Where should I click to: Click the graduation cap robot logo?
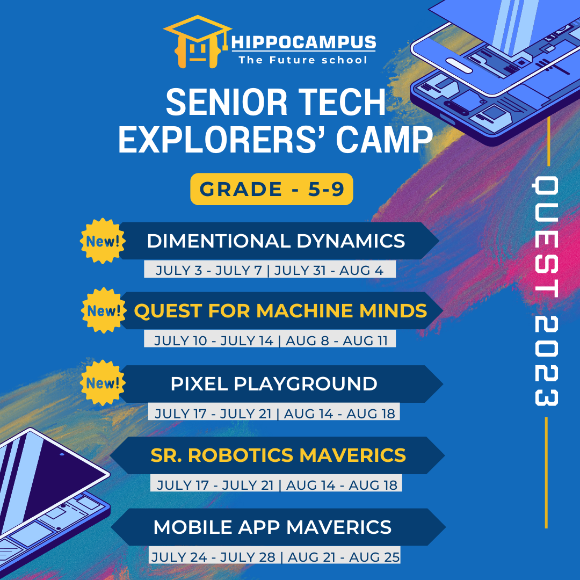tap(198, 42)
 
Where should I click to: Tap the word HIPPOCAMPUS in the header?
tap(303, 42)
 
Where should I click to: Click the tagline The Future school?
tap(303, 60)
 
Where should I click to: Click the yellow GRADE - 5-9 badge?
tap(272, 189)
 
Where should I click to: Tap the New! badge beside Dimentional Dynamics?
tap(103, 241)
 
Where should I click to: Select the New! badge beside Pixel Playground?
tap(103, 383)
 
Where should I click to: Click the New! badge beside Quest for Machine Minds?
tap(104, 310)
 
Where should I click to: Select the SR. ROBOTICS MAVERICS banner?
tap(278, 455)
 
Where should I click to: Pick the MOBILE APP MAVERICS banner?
tap(278, 527)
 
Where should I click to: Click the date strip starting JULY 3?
tap(270, 269)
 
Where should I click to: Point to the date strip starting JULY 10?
tap(270, 339)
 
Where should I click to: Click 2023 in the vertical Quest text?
tap(546, 361)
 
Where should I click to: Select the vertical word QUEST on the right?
tap(546, 237)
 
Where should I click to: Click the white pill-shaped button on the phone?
tap(459, 66)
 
